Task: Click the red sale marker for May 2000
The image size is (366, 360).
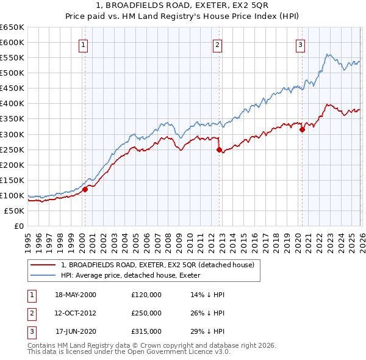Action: point(85,189)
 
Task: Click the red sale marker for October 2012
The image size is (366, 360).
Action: point(219,149)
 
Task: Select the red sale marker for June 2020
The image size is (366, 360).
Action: point(302,129)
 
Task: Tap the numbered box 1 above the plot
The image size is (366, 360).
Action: point(82,43)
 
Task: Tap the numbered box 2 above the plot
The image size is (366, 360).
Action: point(217,43)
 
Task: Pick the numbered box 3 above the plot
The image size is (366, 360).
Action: point(301,43)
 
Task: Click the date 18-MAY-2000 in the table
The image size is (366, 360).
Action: point(76,295)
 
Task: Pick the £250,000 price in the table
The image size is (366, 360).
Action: point(146,313)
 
